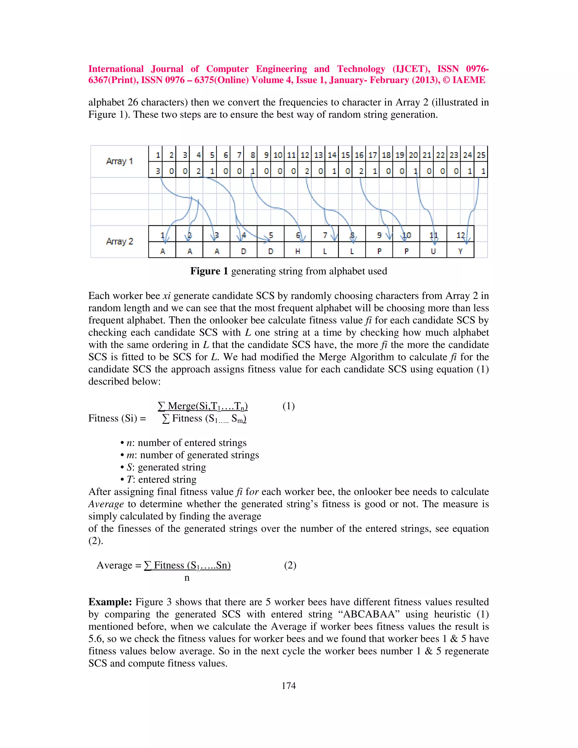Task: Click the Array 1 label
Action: tap(119, 161)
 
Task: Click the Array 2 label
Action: tap(119, 241)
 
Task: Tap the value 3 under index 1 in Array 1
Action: tap(157, 171)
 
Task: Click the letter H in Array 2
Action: tap(297, 251)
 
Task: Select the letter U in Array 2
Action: tap(433, 251)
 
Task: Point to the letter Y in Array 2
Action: tap(460, 251)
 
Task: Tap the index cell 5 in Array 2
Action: tap(270, 235)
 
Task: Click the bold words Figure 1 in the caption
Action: tap(209, 271)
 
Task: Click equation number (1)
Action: tap(288, 406)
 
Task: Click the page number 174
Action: tap(288, 686)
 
